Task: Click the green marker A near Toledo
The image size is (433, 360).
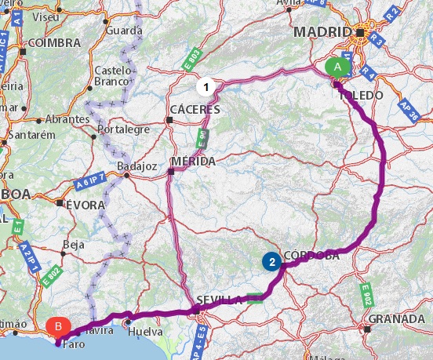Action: coord(338,67)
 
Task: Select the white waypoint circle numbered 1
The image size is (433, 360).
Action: coord(206,85)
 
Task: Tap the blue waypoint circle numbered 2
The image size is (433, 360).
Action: coord(271,262)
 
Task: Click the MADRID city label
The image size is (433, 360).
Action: coord(321,32)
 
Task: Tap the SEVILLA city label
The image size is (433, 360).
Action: coord(220,300)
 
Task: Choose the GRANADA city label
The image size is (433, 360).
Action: coord(396,318)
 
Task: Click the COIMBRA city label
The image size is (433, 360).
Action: coord(54,42)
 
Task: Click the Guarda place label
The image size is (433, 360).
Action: coord(126,30)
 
